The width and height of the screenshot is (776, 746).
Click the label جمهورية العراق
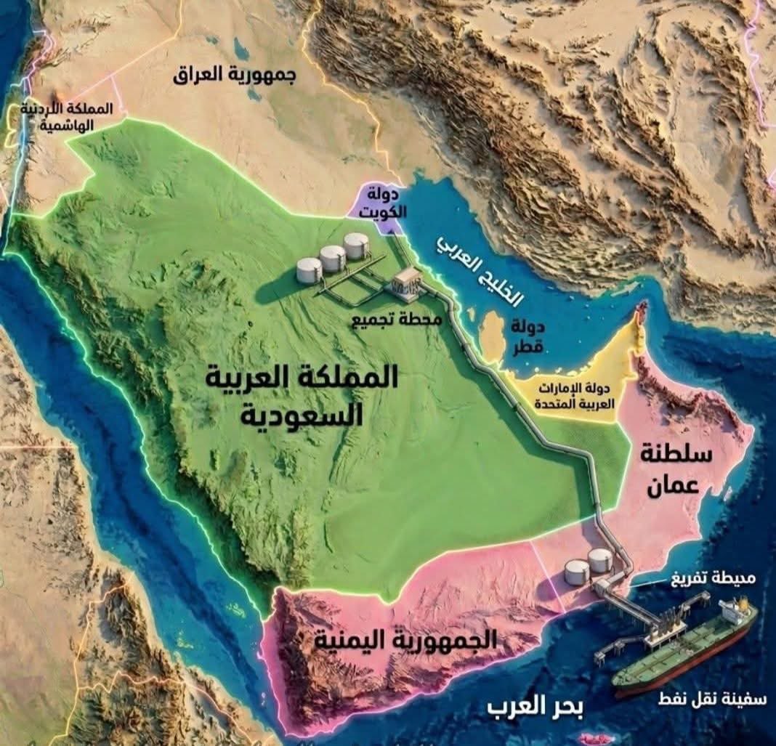(235, 76)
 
